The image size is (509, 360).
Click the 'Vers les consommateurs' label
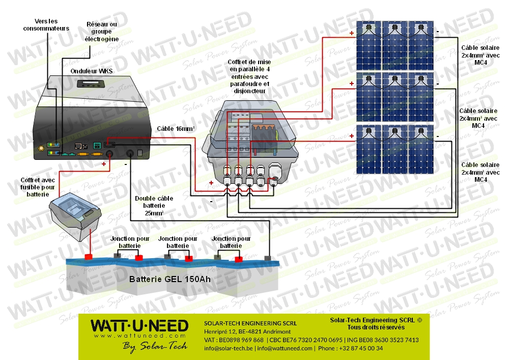(x=46, y=25)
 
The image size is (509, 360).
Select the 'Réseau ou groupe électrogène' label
(x=102, y=32)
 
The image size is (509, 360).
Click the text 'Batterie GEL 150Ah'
(x=169, y=279)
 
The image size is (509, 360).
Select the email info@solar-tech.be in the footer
(x=229, y=348)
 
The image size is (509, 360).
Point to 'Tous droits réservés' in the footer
(x=376, y=327)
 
